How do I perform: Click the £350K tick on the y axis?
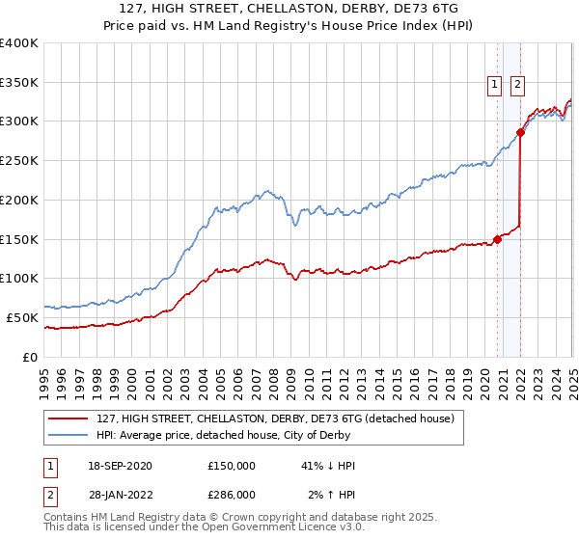(19, 82)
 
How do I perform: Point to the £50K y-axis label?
(21, 317)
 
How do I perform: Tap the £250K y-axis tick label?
(19, 161)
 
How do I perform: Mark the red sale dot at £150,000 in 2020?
(498, 239)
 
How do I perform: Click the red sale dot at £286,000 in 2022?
(521, 132)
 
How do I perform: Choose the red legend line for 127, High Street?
(69, 418)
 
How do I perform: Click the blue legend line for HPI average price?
(69, 435)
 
